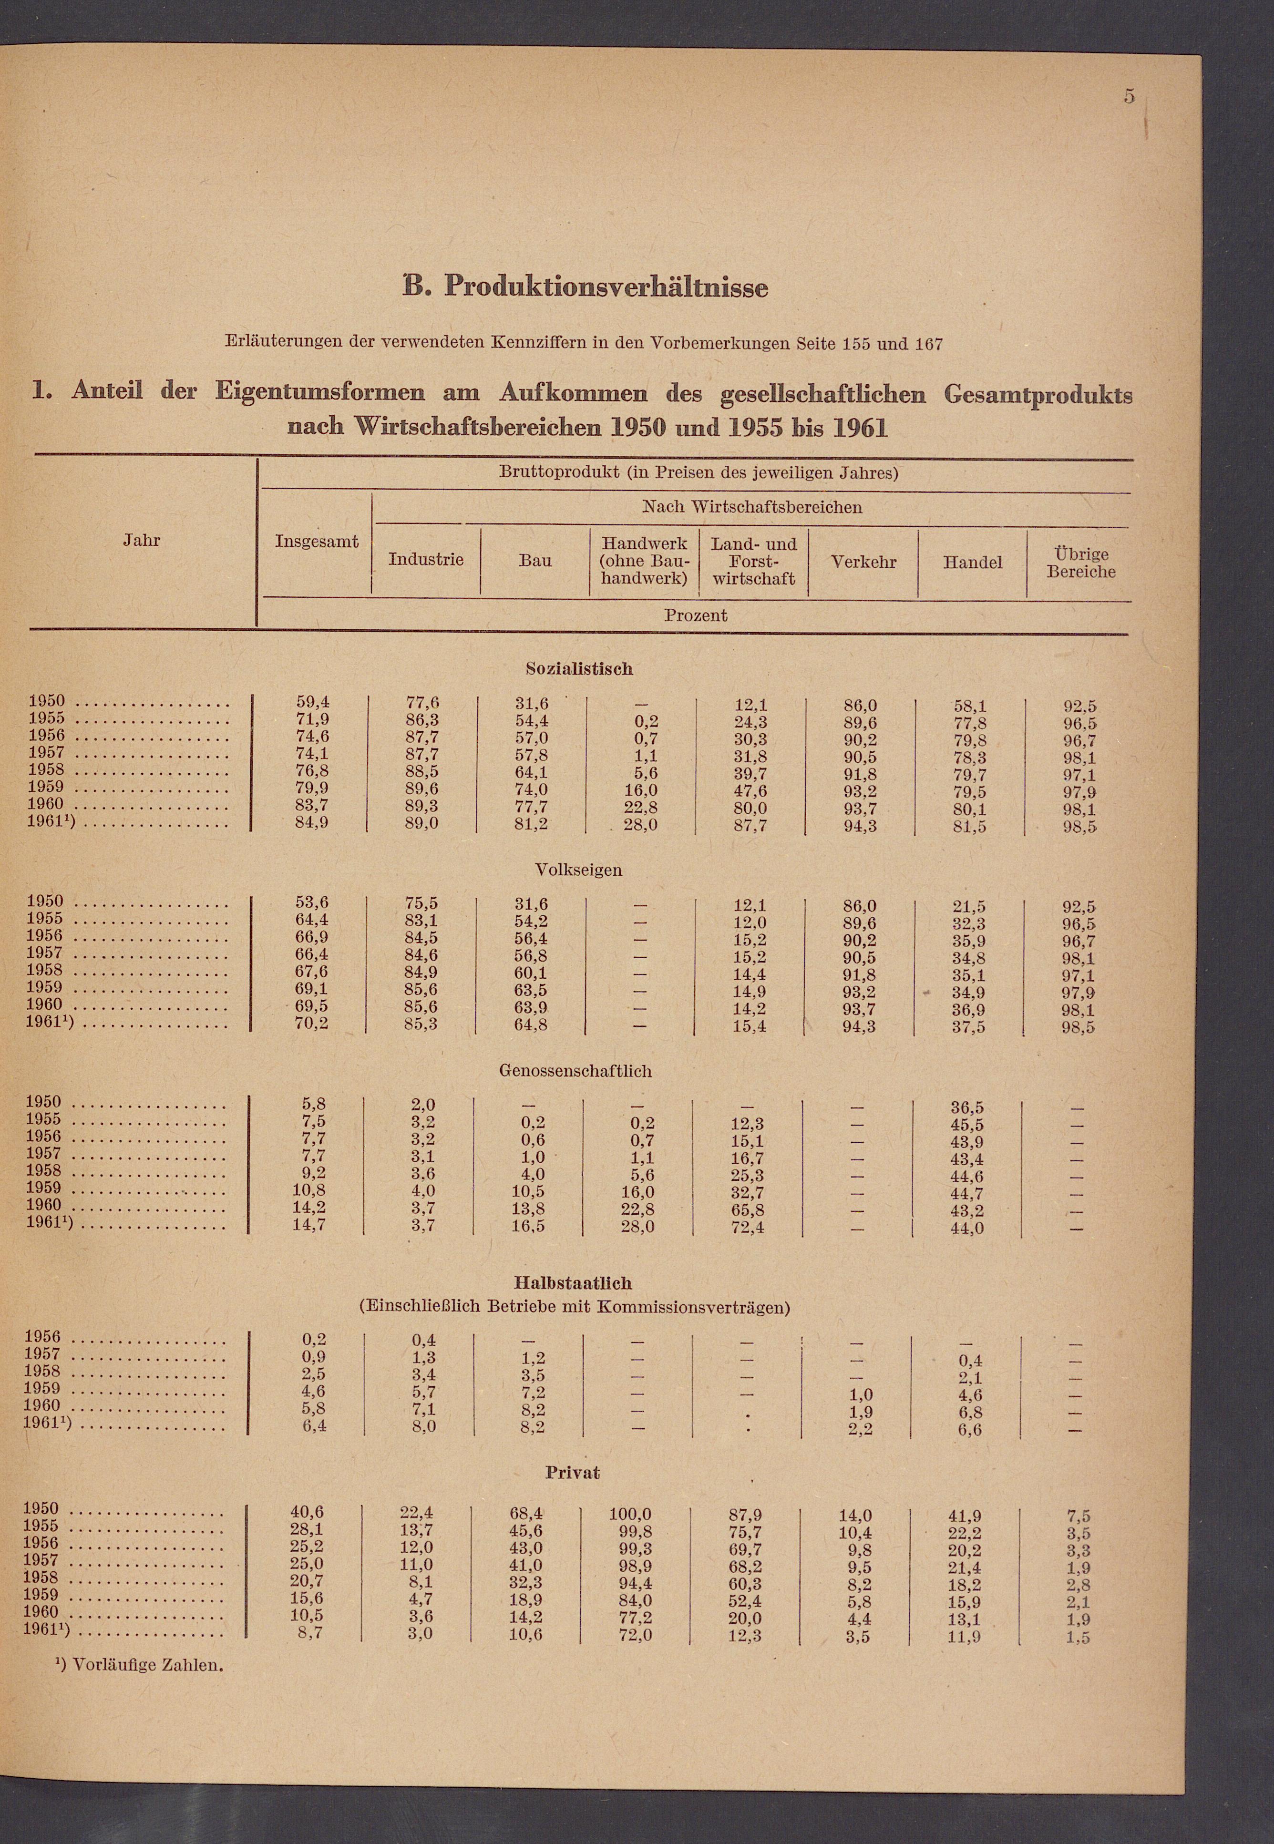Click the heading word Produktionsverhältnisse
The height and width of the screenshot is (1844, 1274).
coord(606,286)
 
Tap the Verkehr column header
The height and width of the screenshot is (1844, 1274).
coord(863,562)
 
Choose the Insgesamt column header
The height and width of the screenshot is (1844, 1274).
coord(317,541)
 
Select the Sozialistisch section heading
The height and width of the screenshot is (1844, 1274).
coord(579,669)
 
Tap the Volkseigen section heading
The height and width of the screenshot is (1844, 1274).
coord(579,870)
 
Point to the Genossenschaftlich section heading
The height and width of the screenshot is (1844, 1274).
coord(575,1071)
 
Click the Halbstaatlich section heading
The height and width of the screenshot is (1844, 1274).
coord(573,1283)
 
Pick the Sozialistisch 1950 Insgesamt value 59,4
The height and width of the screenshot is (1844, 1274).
coord(313,702)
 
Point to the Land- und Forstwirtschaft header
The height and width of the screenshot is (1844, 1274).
coord(753,561)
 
